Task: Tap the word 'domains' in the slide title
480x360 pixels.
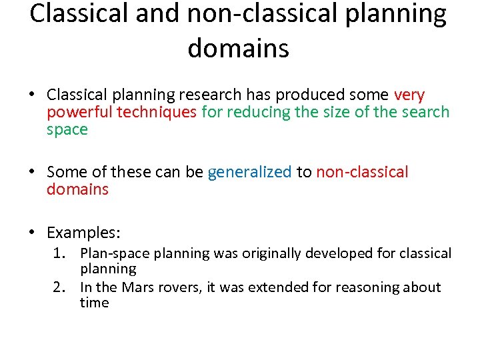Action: point(239,48)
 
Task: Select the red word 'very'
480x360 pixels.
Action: point(409,95)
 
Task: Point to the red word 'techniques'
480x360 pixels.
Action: point(157,113)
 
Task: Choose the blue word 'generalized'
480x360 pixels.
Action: point(249,172)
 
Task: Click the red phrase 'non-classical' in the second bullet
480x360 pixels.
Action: point(362,172)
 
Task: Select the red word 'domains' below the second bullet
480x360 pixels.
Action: point(77,189)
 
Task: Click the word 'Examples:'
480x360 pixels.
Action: point(83,233)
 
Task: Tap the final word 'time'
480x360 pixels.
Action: point(94,303)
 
